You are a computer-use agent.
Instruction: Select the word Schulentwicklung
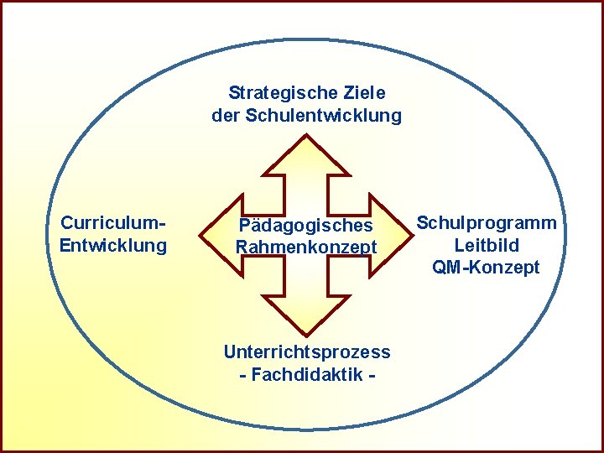pos(324,116)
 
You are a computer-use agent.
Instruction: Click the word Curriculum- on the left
pos(113,223)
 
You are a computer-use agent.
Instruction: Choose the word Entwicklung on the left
pos(113,246)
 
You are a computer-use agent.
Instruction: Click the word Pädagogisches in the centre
pos(305,226)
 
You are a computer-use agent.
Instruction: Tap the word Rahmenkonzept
pos(305,247)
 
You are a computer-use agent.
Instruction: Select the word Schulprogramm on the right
pos(487,223)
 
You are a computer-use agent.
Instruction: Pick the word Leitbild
pos(487,246)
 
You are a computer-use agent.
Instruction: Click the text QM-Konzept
pos(487,268)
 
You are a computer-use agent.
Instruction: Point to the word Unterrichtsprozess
pos(307,352)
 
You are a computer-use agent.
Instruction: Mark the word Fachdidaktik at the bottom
pos(306,374)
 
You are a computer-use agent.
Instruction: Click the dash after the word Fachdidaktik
pos(370,374)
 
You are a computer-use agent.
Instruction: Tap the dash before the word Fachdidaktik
pos(243,374)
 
